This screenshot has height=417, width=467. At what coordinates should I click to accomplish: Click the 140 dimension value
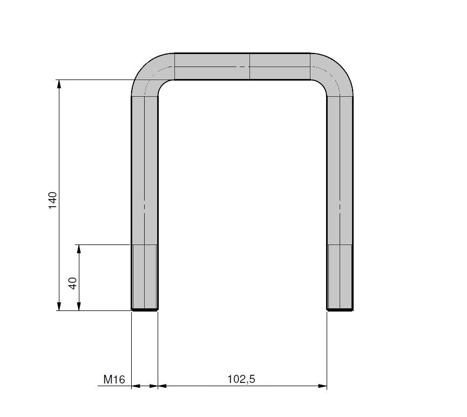tap(52, 201)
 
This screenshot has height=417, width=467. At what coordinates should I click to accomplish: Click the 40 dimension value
tap(73, 283)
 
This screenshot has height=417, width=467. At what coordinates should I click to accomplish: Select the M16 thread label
tap(114, 380)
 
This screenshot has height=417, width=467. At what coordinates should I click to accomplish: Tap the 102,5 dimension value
tap(241, 379)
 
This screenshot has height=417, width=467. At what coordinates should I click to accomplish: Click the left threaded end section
tap(145, 277)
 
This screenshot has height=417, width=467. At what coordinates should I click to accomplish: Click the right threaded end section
tap(340, 277)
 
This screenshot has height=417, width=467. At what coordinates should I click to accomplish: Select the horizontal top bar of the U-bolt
tap(242, 67)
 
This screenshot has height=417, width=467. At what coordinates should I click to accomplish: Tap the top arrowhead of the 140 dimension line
tap(59, 84)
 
